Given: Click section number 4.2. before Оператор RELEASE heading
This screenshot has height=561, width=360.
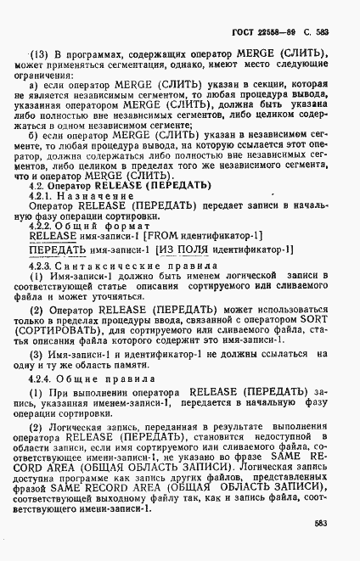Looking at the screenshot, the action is point(38,209).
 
